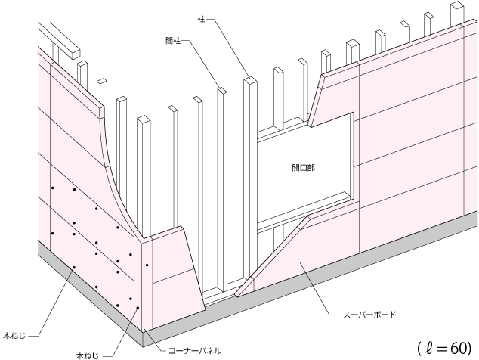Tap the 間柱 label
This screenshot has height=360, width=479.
[174, 40]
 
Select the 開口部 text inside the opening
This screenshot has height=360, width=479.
[303, 166]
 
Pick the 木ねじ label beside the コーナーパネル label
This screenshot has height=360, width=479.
[87, 352]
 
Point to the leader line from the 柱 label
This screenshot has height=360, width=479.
[227, 42]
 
